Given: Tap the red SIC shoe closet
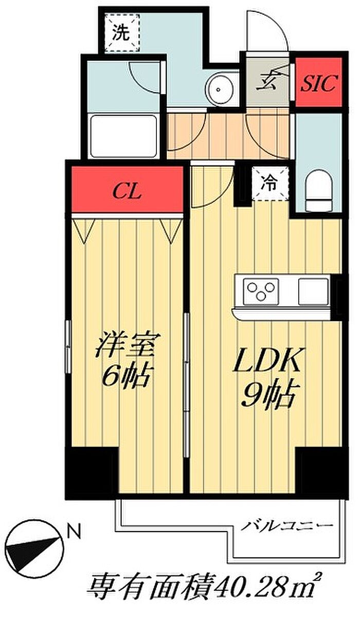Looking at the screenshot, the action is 319,82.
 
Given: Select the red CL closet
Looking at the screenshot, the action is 127,189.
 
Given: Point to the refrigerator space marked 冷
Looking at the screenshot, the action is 270,183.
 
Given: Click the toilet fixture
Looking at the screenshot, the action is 319,191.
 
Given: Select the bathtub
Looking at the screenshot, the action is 123,137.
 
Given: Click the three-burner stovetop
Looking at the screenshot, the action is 261,291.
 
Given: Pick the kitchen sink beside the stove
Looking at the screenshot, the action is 313,291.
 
